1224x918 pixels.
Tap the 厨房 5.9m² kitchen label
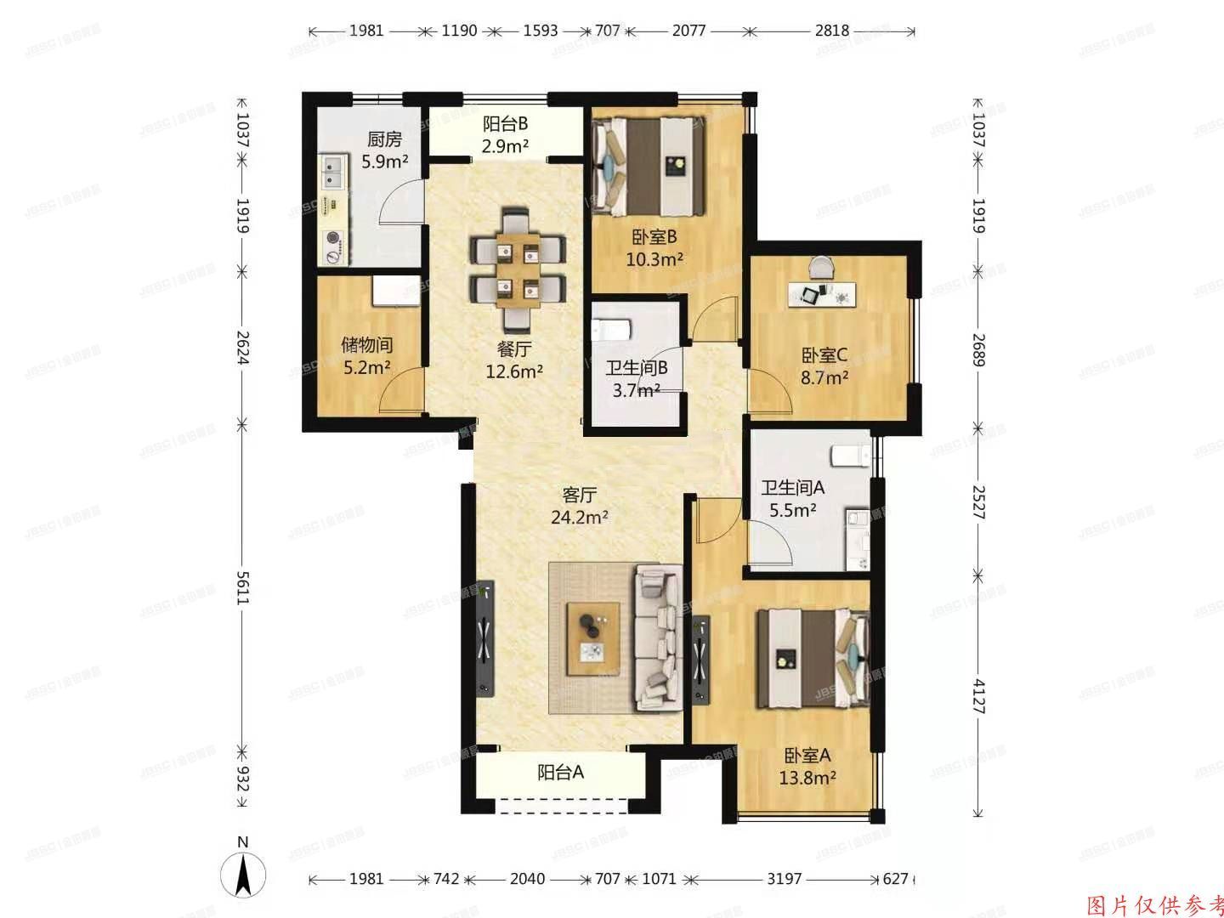pos(384,150)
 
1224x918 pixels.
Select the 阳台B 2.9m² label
pos(506,135)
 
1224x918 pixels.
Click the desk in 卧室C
pos(824,294)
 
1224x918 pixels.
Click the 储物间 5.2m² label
pos(367,355)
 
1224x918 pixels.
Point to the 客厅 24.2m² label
pos(579,505)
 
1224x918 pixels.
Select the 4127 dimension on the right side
pos(978,696)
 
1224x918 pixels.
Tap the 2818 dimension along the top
pos(831,31)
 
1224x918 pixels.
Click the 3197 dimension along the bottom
pos(784,879)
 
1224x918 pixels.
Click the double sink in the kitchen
pos(331,172)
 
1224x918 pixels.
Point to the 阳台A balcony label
pos(560,773)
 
